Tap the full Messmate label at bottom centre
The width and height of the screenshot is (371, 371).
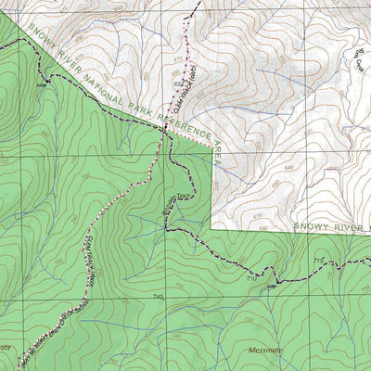point(268,350)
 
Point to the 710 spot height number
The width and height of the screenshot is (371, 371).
point(251,278)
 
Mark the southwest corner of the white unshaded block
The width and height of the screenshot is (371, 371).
point(212,228)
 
